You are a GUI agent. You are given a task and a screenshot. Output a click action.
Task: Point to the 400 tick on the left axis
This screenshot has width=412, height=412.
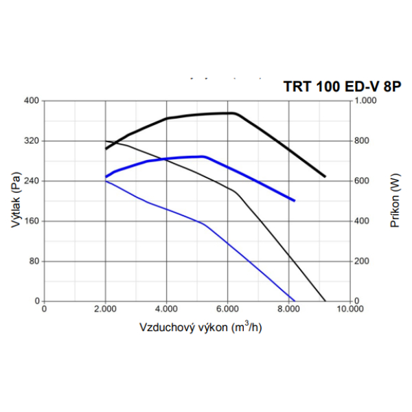click(x=32, y=101)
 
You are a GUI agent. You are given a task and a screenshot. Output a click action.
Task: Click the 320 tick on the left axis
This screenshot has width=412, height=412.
click(x=32, y=141)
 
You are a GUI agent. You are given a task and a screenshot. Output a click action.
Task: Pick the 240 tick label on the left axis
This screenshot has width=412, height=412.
click(x=32, y=181)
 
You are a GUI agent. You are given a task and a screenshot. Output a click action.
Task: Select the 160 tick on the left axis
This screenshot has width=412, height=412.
click(x=32, y=221)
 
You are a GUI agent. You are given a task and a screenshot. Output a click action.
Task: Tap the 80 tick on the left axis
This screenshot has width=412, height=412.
click(x=34, y=262)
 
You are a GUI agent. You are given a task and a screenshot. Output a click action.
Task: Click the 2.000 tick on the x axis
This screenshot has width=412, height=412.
click(x=105, y=310)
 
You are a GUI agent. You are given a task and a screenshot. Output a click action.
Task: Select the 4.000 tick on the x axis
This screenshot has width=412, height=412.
click(x=166, y=310)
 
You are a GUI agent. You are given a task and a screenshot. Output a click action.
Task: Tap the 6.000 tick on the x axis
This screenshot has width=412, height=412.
click(x=227, y=310)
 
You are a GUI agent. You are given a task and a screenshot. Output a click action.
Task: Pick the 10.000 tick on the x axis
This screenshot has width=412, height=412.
click(x=350, y=310)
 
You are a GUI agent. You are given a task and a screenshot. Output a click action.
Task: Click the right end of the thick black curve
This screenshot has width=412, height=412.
click(x=325, y=176)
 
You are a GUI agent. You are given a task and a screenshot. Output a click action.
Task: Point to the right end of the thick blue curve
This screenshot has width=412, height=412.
click(x=295, y=201)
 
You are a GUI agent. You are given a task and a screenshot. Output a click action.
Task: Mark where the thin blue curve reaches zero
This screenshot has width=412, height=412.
click(x=295, y=301)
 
